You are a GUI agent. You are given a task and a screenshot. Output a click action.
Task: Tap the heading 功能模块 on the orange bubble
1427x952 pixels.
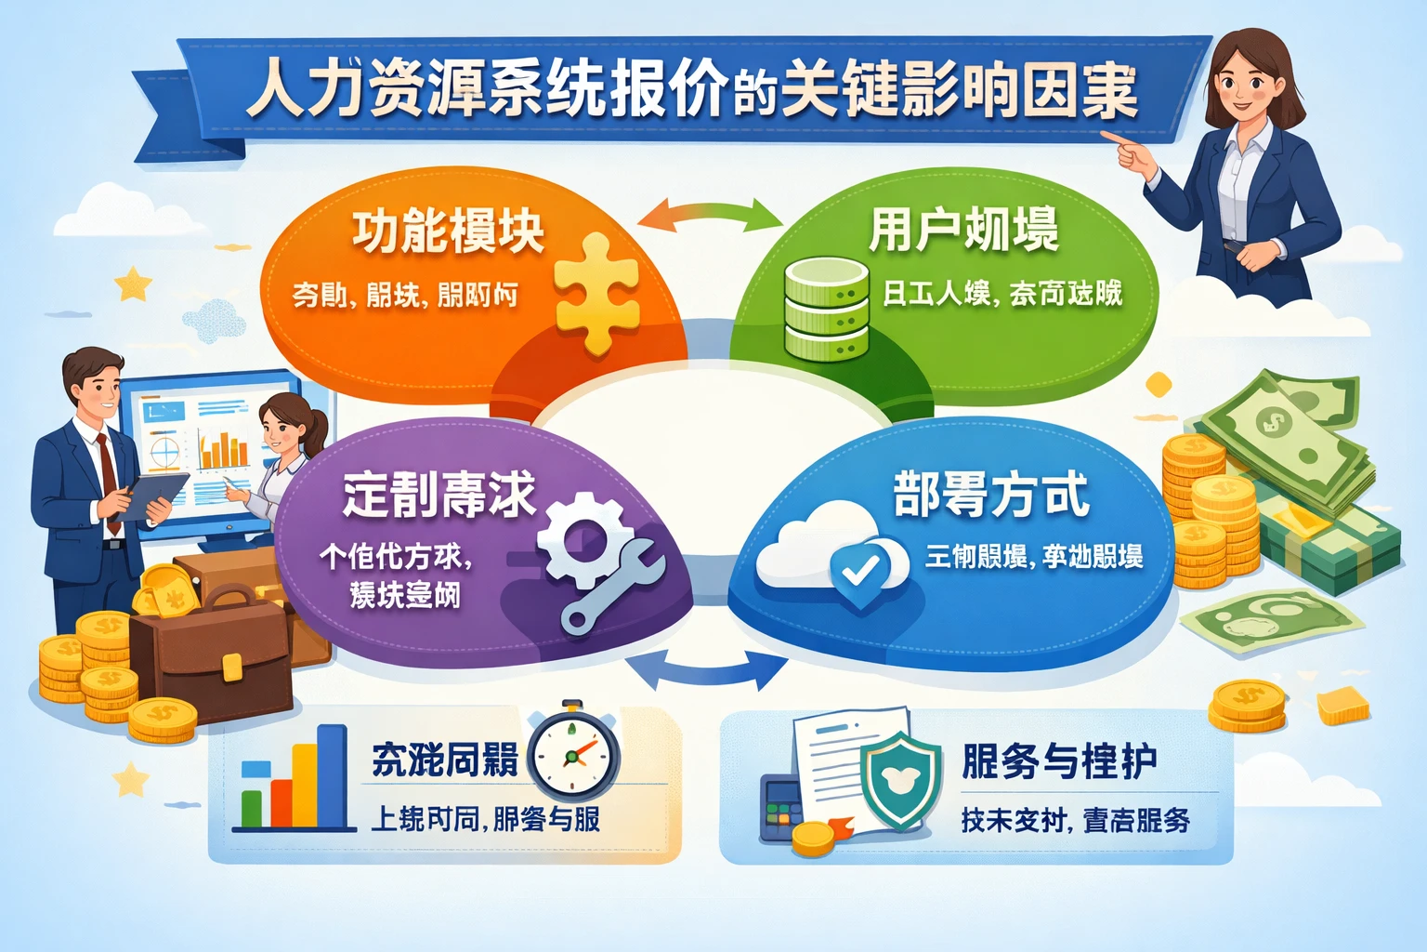448,231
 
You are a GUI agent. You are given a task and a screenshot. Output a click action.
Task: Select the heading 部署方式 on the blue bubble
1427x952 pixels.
990,494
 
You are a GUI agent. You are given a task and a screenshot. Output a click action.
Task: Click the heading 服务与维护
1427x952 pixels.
1059,761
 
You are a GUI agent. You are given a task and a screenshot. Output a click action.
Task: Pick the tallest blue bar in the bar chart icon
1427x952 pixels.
331,775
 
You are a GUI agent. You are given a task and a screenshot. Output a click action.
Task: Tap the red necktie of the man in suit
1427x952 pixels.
109,483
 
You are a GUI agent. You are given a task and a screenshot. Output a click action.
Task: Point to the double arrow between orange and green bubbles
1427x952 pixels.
712,214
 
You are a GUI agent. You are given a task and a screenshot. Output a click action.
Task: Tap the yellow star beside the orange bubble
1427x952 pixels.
135,284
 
